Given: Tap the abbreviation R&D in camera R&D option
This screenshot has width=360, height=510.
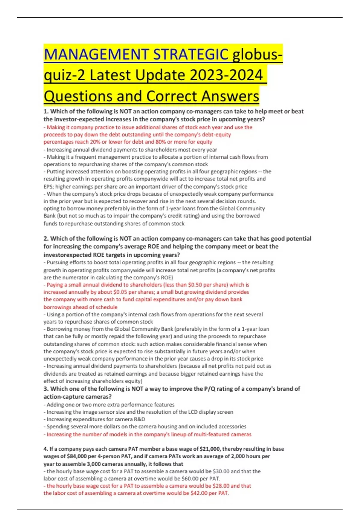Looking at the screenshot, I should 138,419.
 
